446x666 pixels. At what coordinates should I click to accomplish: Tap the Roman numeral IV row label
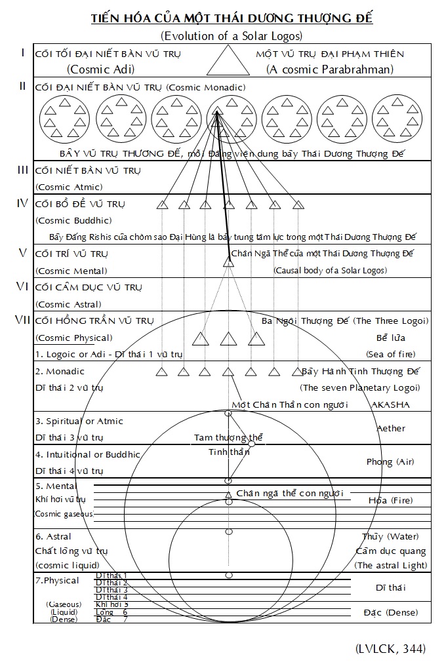tap(22, 203)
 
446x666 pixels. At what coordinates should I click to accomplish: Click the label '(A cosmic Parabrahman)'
tap(330, 69)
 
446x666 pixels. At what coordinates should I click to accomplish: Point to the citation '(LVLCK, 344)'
tap(390, 649)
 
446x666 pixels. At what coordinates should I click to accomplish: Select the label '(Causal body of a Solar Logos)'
tap(330, 270)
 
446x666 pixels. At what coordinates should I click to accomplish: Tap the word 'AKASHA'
tap(390, 404)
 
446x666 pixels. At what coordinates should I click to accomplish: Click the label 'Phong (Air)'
tap(390, 461)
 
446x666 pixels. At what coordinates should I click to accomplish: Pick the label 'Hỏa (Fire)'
tap(390, 500)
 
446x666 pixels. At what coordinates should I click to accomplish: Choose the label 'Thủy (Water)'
tap(390, 536)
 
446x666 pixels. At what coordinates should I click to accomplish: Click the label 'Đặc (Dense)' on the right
tap(390, 612)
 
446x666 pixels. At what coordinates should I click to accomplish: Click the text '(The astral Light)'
tap(390, 565)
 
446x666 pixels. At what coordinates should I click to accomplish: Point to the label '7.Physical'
tap(57, 580)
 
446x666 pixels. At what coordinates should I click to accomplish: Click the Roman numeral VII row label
tap(22, 320)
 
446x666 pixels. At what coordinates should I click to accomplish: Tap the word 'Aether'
tap(391, 428)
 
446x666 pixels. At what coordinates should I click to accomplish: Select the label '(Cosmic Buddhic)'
tap(73, 220)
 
